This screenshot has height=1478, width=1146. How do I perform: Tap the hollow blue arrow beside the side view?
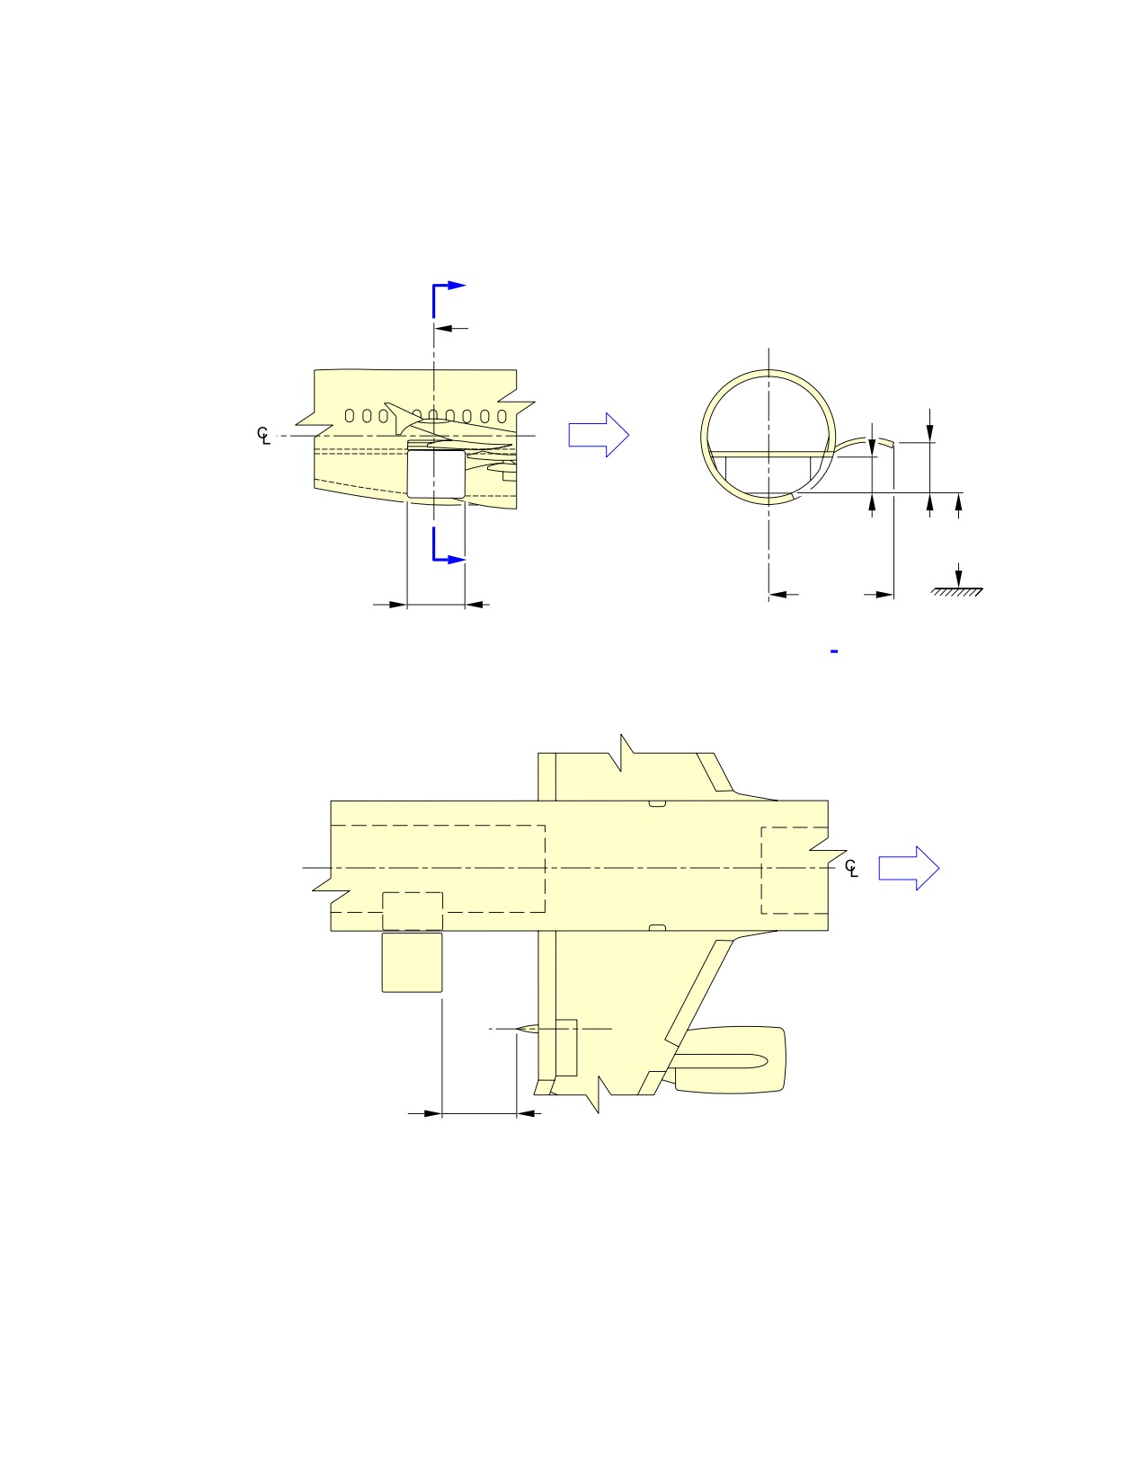point(599,435)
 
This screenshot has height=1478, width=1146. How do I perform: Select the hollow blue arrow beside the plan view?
point(909,869)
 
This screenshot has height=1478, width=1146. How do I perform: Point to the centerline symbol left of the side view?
point(263,435)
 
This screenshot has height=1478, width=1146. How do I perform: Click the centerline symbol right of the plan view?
point(851,868)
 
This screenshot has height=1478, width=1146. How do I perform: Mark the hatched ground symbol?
point(957,592)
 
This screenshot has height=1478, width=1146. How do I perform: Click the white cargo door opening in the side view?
point(436,473)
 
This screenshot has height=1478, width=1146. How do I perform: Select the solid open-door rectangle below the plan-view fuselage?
point(413,961)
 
